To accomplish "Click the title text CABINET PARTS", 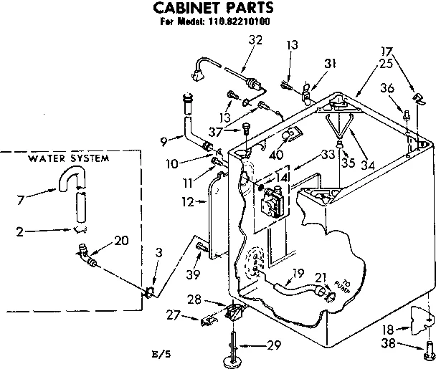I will pos(214,8).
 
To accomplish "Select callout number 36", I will pos(387,88).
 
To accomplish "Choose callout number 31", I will pos(331,64).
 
